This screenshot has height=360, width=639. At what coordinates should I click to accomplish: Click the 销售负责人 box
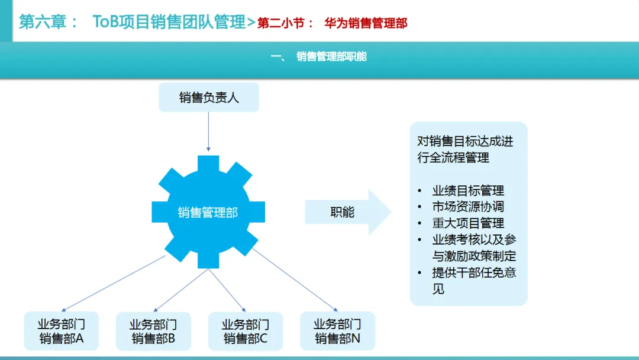click(x=209, y=97)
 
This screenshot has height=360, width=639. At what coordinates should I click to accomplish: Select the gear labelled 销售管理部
click(x=208, y=212)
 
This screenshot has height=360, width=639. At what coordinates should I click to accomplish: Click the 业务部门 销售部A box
click(x=61, y=331)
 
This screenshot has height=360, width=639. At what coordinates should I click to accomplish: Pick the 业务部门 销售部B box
click(x=153, y=331)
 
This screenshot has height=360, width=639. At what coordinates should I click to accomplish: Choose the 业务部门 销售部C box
click(x=245, y=331)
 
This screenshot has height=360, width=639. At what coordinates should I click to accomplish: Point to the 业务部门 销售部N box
click(x=337, y=331)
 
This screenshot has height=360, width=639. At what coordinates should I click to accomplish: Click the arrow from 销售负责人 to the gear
click(x=208, y=130)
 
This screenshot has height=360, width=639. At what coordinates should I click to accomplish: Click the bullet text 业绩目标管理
click(x=468, y=191)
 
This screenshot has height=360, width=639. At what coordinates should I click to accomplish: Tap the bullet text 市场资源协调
click(x=468, y=207)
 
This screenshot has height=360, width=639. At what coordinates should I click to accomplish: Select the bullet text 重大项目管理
click(x=468, y=223)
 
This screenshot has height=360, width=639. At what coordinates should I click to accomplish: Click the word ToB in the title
click(x=106, y=22)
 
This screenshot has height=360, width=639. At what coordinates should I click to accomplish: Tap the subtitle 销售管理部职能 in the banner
click(x=331, y=57)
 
